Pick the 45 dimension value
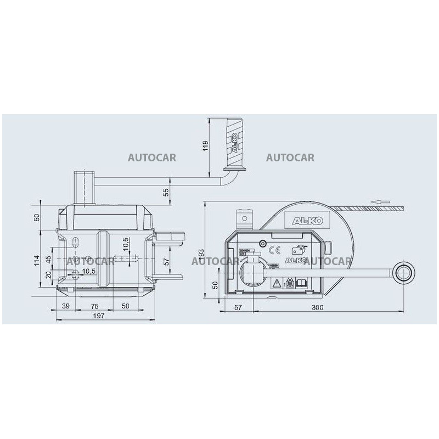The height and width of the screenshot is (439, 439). pos(48,258)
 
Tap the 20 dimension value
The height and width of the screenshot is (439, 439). pos(48,275)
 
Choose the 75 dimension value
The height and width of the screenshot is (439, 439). pos(94,306)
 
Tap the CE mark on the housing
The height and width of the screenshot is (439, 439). pos(277,250)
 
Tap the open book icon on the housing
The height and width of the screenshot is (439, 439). pos(301,283)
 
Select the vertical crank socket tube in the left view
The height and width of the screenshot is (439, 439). pos(85,187)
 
